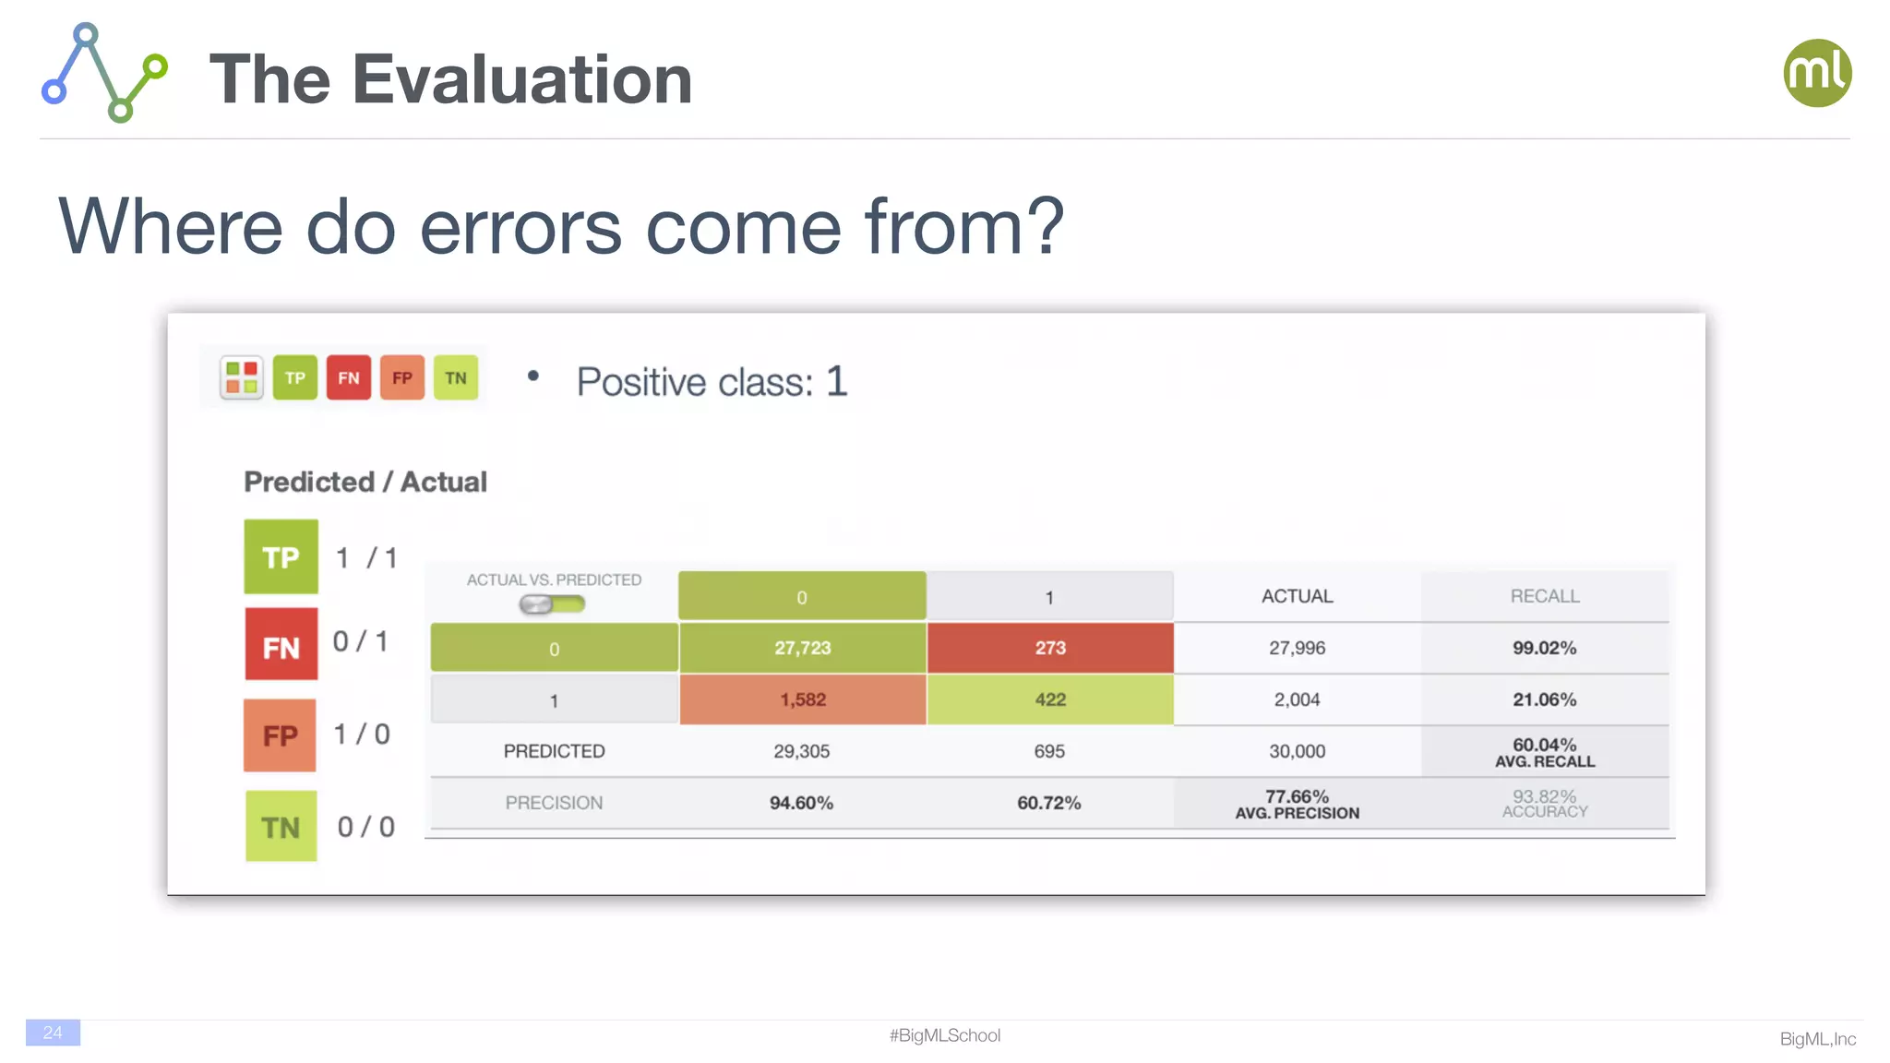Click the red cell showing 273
click(x=1050, y=648)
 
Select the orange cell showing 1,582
click(x=803, y=699)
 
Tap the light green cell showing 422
click(x=1050, y=699)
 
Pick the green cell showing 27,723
click(x=803, y=648)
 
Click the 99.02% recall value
click(x=1544, y=648)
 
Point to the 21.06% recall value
click(x=1544, y=699)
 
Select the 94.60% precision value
click(x=801, y=803)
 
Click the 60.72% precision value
click(x=1048, y=803)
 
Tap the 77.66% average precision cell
click(x=1297, y=803)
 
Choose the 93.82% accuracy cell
click(x=1544, y=803)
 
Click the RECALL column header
click(x=1544, y=596)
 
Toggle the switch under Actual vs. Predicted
click(x=552, y=604)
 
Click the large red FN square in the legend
click(x=281, y=644)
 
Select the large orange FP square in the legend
click(x=280, y=735)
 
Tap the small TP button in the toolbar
click(x=295, y=377)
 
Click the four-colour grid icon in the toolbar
click(x=242, y=377)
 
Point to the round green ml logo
click(x=1817, y=73)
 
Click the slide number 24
click(x=53, y=1033)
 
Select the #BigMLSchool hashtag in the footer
click(x=945, y=1035)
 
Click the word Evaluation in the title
click(x=522, y=79)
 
